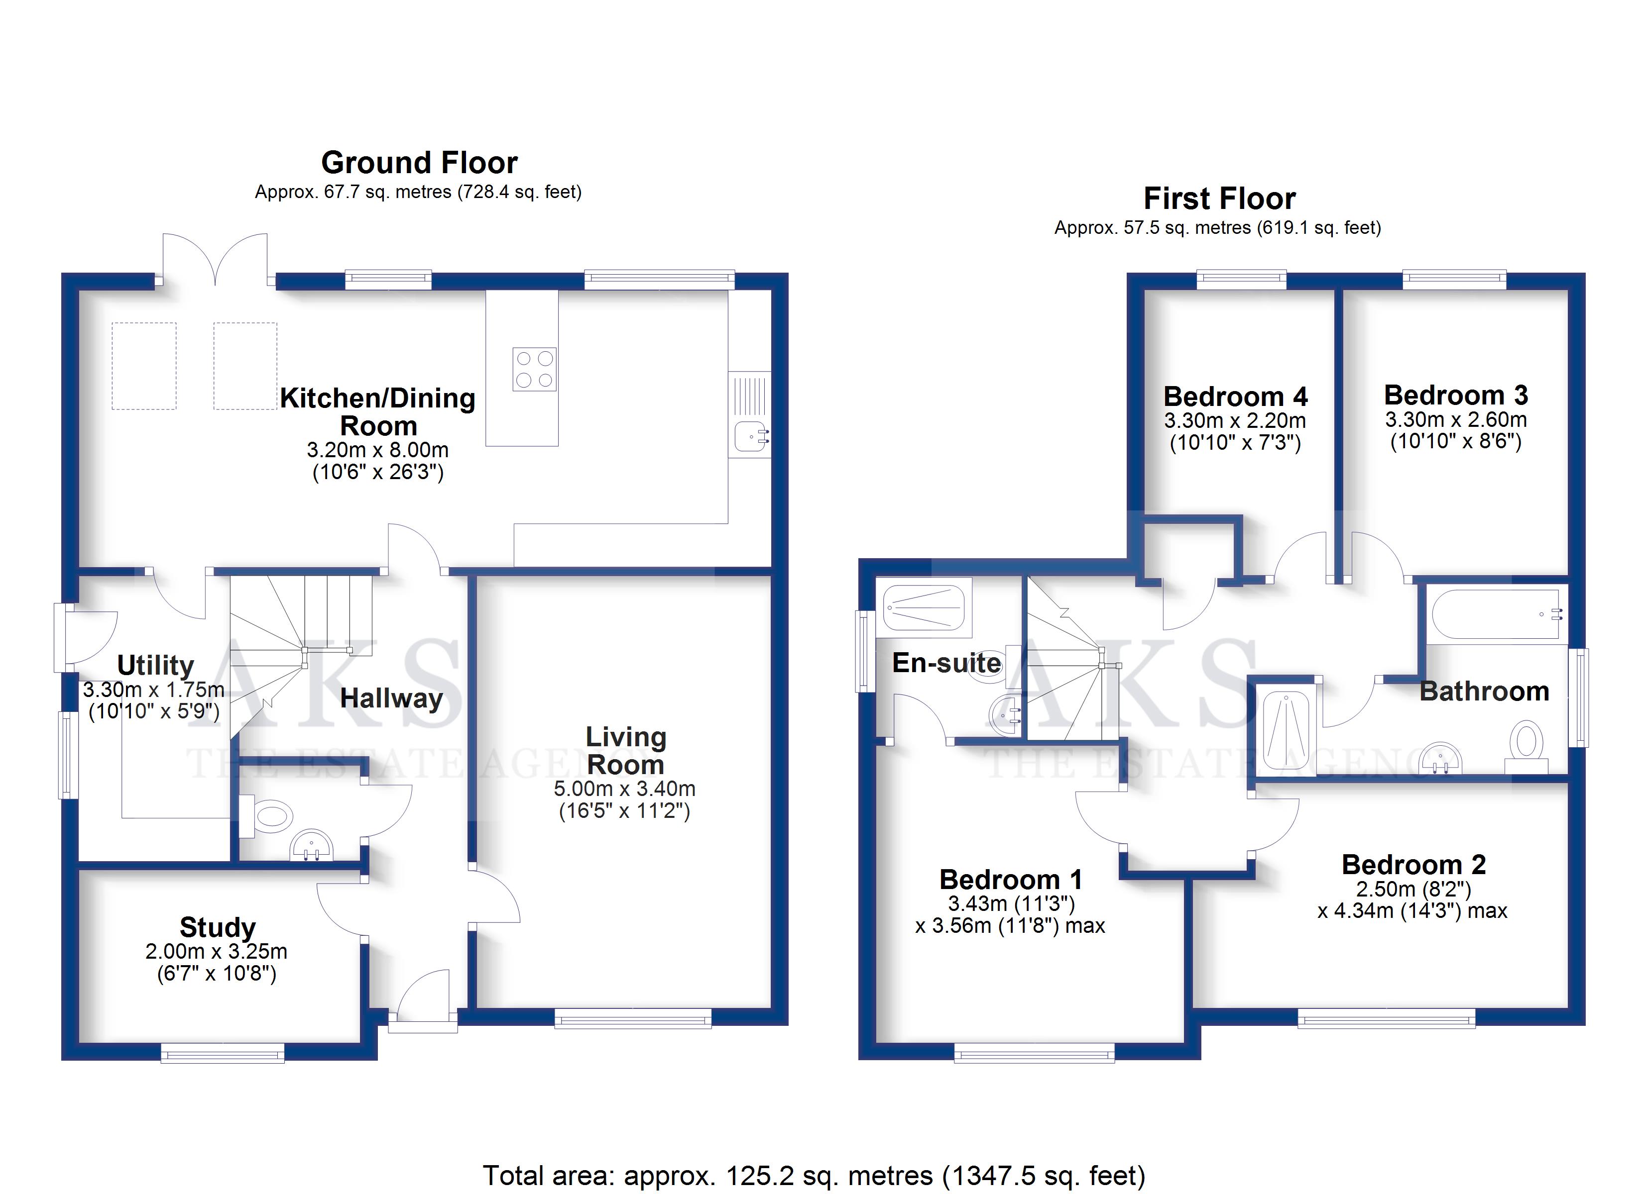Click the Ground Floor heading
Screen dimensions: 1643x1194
(419, 163)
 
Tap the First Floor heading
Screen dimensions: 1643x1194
(1219, 199)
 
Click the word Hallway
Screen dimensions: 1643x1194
(391, 698)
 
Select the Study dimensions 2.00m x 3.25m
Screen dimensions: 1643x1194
(217, 951)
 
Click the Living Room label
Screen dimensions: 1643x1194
(625, 750)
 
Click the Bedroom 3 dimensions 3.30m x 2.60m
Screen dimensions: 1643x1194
(1456, 419)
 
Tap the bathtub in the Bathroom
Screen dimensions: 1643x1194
(1496, 614)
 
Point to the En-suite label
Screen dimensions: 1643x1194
(946, 663)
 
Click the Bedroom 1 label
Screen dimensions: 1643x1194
(1011, 879)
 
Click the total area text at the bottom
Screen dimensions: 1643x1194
(814, 1175)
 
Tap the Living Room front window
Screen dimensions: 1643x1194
(633, 1019)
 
